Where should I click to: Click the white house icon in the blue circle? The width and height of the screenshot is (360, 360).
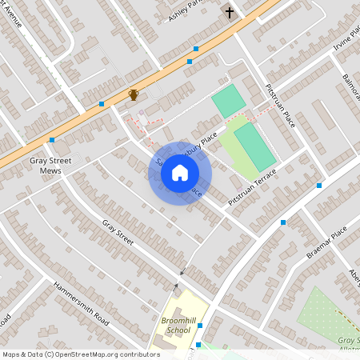coord(180,173)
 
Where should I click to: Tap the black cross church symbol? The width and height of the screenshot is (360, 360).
coord(230,13)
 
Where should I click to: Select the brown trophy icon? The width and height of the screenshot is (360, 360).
coord(134,94)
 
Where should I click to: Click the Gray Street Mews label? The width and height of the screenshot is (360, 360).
coord(46,165)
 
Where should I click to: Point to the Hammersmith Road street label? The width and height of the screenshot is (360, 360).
coord(81,303)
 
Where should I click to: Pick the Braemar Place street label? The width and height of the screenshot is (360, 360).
coord(326,242)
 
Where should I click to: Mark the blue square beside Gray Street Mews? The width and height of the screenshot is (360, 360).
coord(51,140)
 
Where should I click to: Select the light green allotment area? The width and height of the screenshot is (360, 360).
coord(328,316)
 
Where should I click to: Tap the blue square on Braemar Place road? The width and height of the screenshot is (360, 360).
coord(283,222)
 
